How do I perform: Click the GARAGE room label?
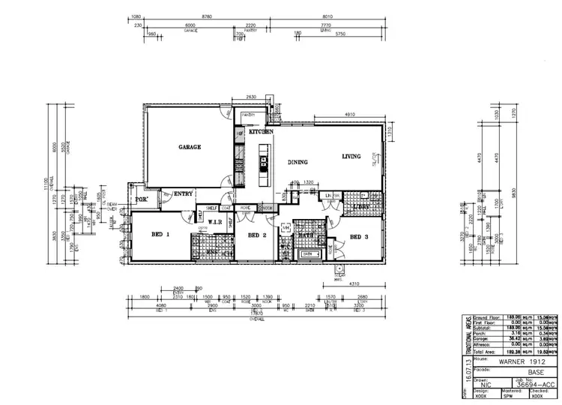pos(189,147)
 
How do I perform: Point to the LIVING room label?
pos(351,157)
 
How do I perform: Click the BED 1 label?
pos(161,235)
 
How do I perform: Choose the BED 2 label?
pos(257,235)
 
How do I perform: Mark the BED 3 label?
pos(360,237)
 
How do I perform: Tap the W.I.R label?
pos(214,222)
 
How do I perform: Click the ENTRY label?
pos(184,193)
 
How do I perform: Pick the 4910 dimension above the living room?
pos(349,114)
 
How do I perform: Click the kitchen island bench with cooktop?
pos(265,165)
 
